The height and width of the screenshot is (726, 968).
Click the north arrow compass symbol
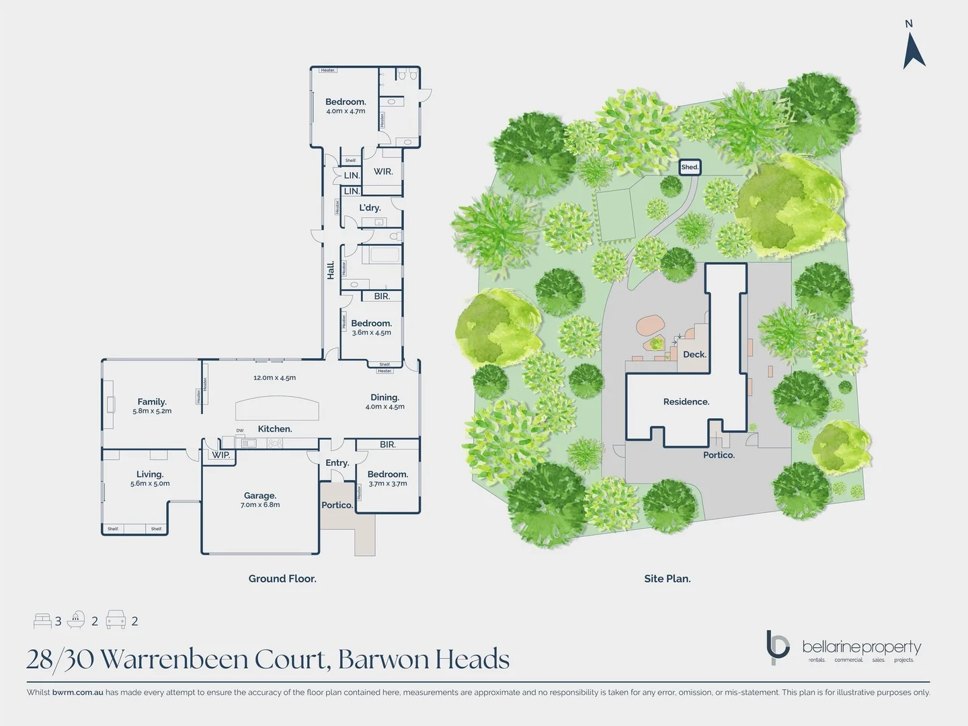pyautogui.click(x=914, y=51)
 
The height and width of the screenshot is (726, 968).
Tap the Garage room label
pyautogui.click(x=260, y=495)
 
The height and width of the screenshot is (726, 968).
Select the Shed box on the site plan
pyautogui.click(x=690, y=167)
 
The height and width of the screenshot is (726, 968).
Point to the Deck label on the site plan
pyautogui.click(x=694, y=354)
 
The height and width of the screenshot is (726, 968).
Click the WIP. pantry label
pyautogui.click(x=221, y=455)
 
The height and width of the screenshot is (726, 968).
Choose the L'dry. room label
pyautogui.click(x=370, y=208)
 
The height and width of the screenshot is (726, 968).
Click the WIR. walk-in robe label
pyautogui.click(x=383, y=171)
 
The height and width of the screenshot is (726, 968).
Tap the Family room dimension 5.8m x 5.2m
pyautogui.click(x=152, y=411)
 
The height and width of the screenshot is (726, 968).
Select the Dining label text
pyautogui.click(x=385, y=397)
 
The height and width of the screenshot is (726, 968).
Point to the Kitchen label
pyautogui.click(x=275, y=429)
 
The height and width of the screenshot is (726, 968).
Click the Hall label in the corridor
pyautogui.click(x=331, y=270)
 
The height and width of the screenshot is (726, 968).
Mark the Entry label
pyautogui.click(x=337, y=463)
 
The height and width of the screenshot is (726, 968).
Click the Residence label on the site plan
pyautogui.click(x=686, y=402)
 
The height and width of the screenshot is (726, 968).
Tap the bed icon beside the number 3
pyautogui.click(x=42, y=620)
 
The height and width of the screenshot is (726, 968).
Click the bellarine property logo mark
pyautogui.click(x=778, y=646)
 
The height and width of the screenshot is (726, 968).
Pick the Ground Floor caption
pyautogui.click(x=282, y=579)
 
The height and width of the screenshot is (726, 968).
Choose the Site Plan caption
pyautogui.click(x=668, y=579)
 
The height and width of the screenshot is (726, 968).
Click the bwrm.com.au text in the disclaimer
pyautogui.click(x=78, y=692)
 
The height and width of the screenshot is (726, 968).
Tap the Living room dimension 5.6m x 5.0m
pyautogui.click(x=150, y=483)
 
